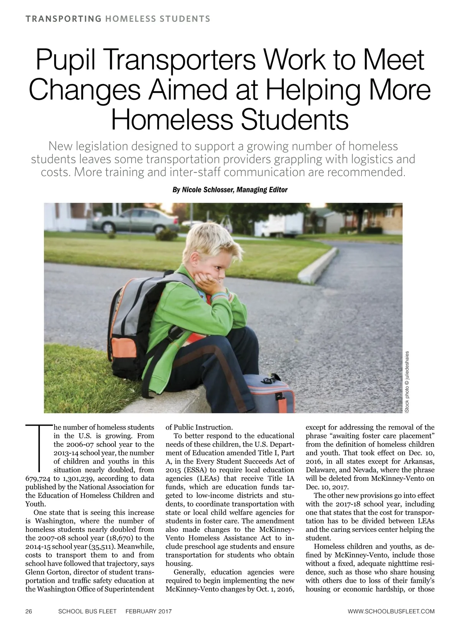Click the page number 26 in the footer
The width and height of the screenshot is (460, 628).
coord(29,611)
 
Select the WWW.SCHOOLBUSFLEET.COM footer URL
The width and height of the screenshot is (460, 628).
coord(391,611)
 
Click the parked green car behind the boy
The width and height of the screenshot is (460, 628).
coord(130,222)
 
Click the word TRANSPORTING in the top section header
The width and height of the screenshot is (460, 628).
coord(63,19)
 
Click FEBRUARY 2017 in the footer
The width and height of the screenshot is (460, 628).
coord(149,611)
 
